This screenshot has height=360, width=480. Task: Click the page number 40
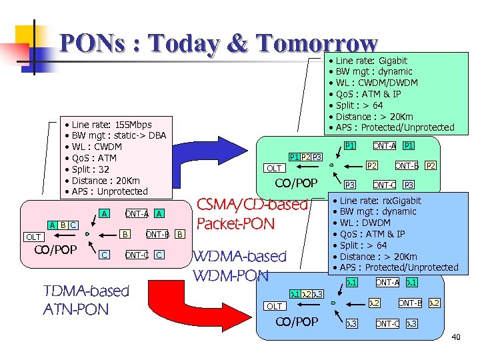click(455, 337)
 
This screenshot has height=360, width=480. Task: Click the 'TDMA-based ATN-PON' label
click(85, 299)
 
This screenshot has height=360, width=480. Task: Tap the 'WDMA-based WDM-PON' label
click(239, 265)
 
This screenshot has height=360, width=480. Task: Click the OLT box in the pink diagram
click(33, 237)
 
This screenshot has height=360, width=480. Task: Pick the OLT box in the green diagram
click(274, 168)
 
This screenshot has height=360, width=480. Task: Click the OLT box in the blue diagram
click(275, 306)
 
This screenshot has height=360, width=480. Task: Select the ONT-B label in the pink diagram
click(157, 234)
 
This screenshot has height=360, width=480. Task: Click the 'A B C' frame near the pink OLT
click(63, 225)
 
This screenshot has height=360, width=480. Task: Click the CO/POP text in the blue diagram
click(297, 322)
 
